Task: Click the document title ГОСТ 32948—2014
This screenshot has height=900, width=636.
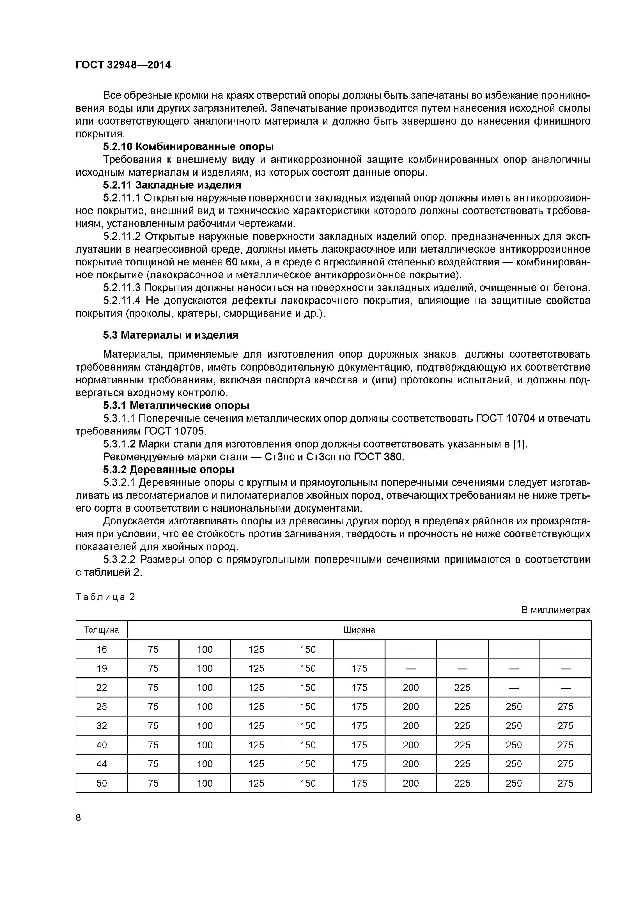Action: point(123,65)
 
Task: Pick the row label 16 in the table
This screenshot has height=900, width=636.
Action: point(101,649)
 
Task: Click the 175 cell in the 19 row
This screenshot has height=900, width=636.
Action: point(359,668)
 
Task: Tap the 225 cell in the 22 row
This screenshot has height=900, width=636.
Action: point(462,688)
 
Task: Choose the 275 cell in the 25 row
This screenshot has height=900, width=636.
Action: point(565,706)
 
